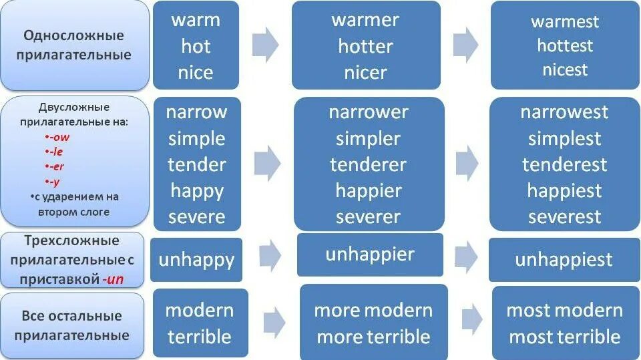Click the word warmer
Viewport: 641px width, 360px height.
pyautogui.click(x=365, y=20)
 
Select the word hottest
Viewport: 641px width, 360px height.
pyautogui.click(x=565, y=45)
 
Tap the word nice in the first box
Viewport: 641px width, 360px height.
pyautogui.click(x=196, y=72)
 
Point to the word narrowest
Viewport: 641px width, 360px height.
pyautogui.click(x=564, y=112)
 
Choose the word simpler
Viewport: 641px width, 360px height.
pyautogui.click(x=368, y=139)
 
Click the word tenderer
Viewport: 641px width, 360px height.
pyautogui.click(x=368, y=165)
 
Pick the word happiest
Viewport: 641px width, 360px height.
pyautogui.click(x=564, y=191)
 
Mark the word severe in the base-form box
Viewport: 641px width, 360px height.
pyautogui.click(x=196, y=216)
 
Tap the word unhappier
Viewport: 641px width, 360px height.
pyautogui.click(x=370, y=254)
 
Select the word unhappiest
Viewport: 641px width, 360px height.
pyautogui.click(x=564, y=260)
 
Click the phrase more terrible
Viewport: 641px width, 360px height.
pyautogui.click(x=373, y=337)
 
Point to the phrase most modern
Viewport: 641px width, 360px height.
pyautogui.click(x=564, y=311)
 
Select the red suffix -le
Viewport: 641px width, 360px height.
pyautogui.click(x=56, y=152)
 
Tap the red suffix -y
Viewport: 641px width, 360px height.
pyautogui.click(x=55, y=181)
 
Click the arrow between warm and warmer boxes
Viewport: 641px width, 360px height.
pyautogui.click(x=265, y=45)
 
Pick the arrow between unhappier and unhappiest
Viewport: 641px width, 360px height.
pyautogui.click(x=465, y=256)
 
